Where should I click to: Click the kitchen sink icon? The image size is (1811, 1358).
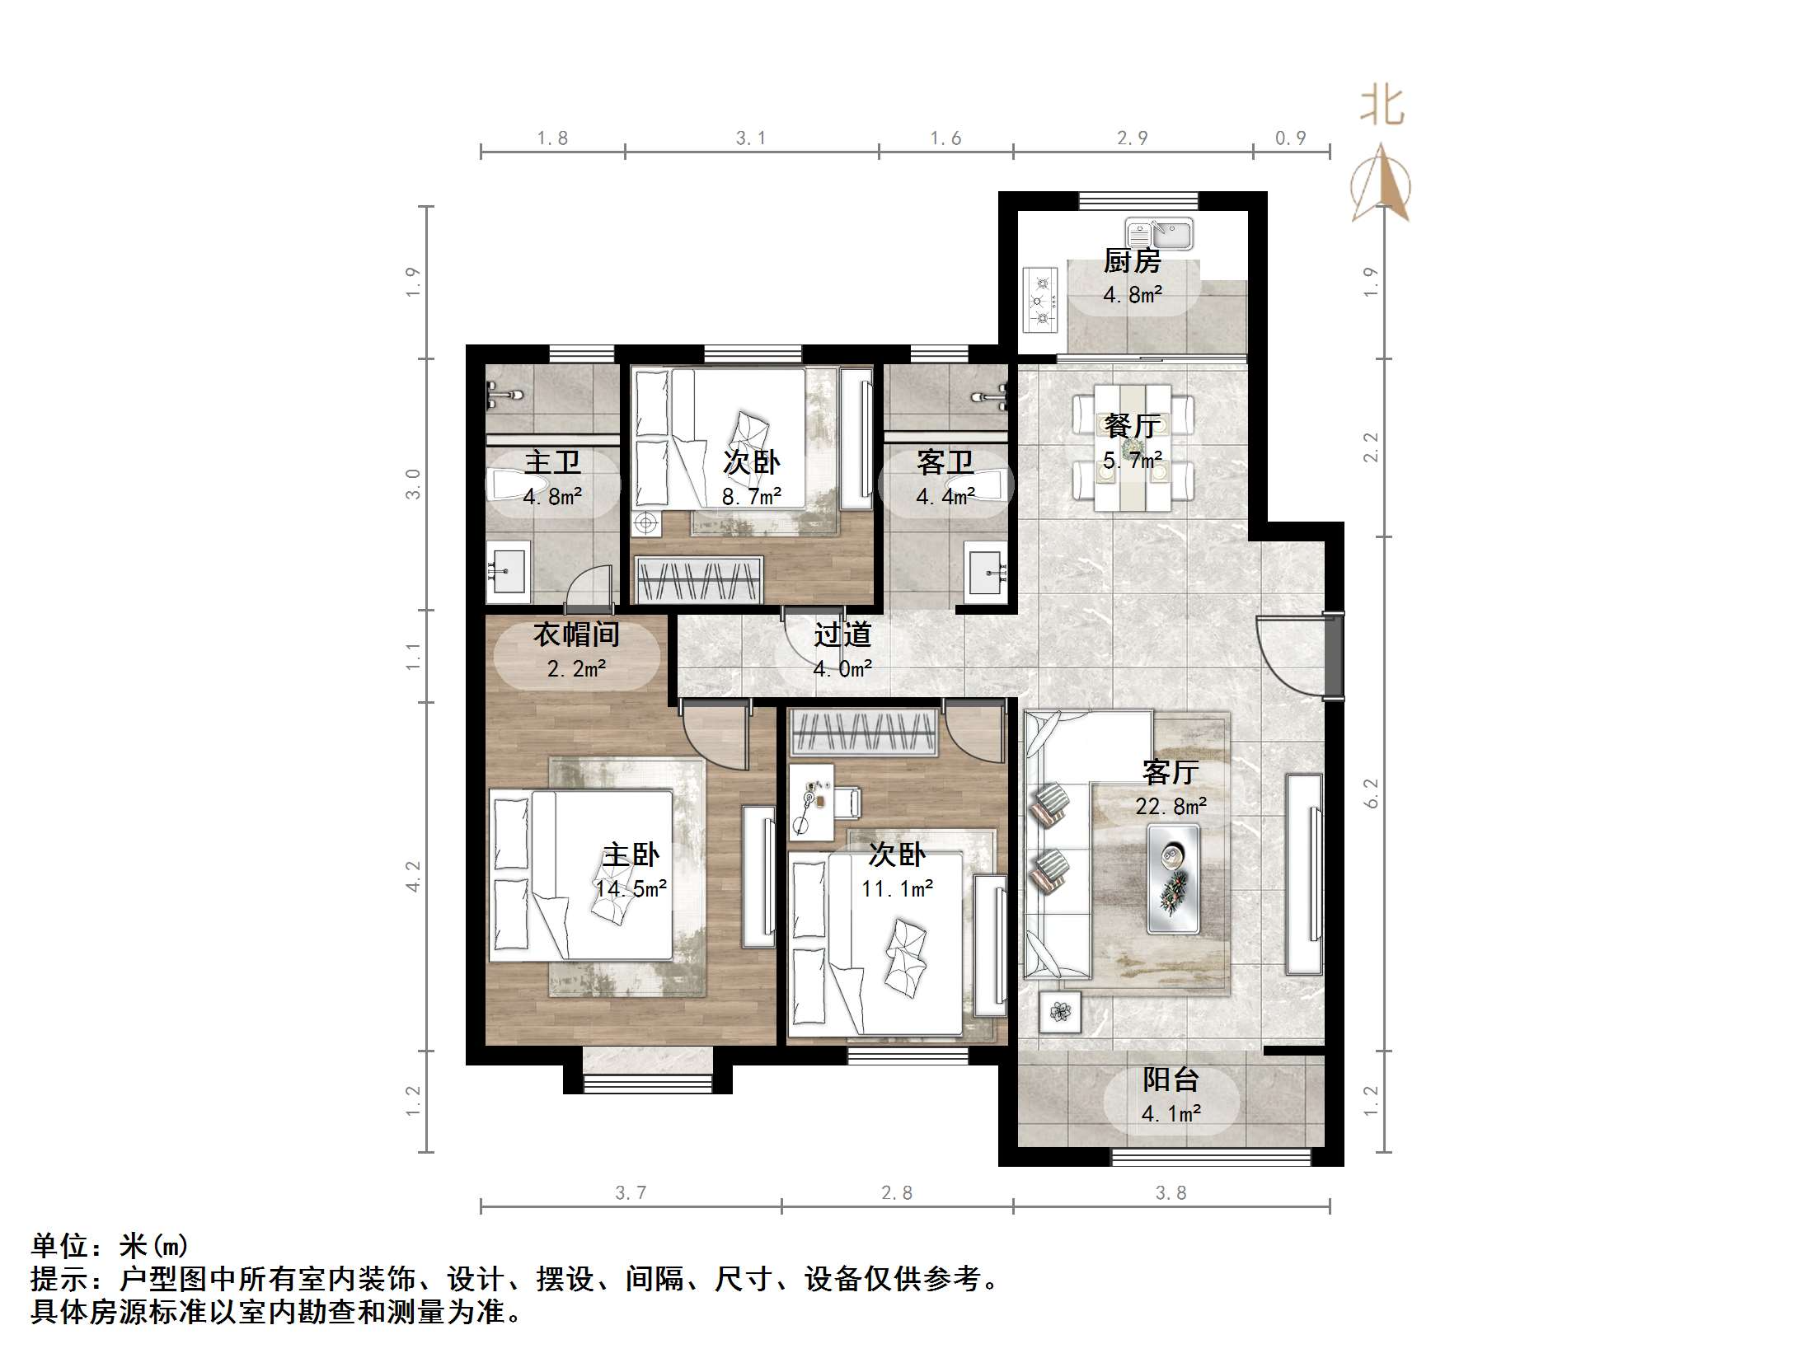[1159, 234]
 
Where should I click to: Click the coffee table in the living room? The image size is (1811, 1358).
[1172, 879]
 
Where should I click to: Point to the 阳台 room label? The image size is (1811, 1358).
[1171, 1079]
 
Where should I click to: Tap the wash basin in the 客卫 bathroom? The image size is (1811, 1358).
[986, 568]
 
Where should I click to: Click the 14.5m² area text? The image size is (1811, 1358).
[631, 889]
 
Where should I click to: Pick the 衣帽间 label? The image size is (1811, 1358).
[576, 635]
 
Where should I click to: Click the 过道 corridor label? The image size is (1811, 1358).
[842, 635]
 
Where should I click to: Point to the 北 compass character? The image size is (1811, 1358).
[1382, 107]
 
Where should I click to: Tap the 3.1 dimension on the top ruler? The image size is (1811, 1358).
[750, 138]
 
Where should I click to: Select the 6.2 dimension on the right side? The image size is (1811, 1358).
[1371, 793]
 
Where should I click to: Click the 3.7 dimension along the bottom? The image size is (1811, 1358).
[631, 1192]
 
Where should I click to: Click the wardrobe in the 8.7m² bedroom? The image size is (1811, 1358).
[699, 579]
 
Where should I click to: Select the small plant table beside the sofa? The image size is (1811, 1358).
[1059, 1011]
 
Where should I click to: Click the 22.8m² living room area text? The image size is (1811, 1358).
[1171, 806]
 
